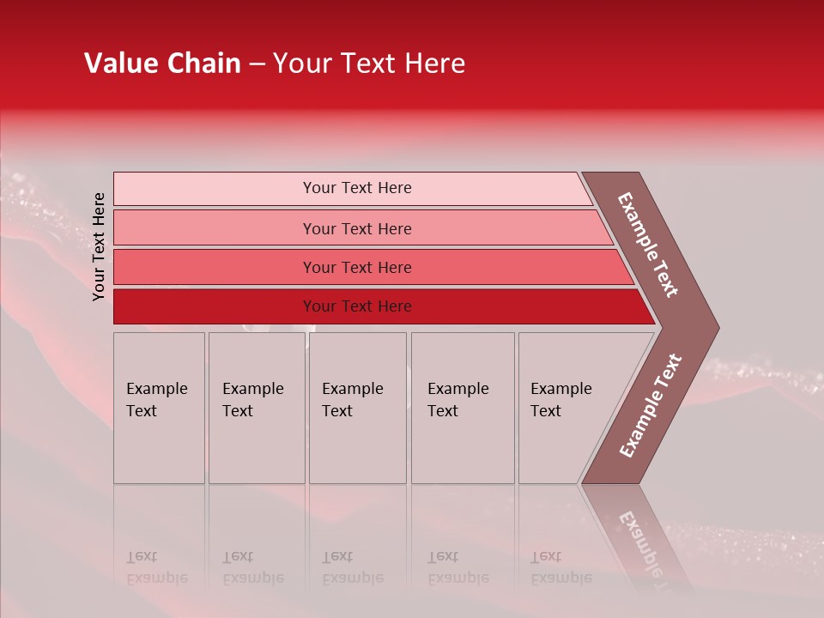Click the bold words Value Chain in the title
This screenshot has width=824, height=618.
[162, 64]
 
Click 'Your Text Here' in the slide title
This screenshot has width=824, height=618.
[369, 64]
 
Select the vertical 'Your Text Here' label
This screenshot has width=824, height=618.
[99, 246]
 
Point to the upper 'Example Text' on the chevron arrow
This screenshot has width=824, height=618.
[648, 245]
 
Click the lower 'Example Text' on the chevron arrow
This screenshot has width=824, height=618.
[651, 406]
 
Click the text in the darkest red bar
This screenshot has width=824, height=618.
[357, 306]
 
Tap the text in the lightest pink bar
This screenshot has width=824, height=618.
[357, 188]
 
